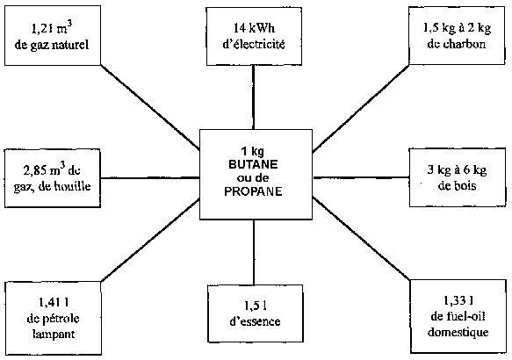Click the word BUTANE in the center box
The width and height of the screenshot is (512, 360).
(254, 164)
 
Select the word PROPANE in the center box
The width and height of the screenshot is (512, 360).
(254, 191)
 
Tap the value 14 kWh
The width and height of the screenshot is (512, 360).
(254, 28)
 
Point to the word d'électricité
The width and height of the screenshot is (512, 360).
(254, 44)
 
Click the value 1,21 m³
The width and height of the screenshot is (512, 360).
(52, 28)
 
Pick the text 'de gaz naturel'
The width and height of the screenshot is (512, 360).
(52, 45)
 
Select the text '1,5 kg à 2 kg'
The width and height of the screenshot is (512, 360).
(458, 28)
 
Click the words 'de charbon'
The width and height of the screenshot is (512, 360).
(457, 44)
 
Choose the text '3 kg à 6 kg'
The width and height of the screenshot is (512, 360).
(458, 170)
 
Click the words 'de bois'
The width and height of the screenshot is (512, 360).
(458, 186)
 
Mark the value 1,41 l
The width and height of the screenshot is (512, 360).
(54, 303)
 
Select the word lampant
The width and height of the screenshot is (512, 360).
(54, 334)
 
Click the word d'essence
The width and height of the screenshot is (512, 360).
(255, 321)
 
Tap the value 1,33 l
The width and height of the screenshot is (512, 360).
(458, 300)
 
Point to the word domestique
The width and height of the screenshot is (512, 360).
(458, 332)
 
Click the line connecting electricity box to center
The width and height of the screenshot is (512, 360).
(254, 97)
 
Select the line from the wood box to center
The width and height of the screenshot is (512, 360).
(361, 177)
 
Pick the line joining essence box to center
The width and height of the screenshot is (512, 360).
(254, 252)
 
